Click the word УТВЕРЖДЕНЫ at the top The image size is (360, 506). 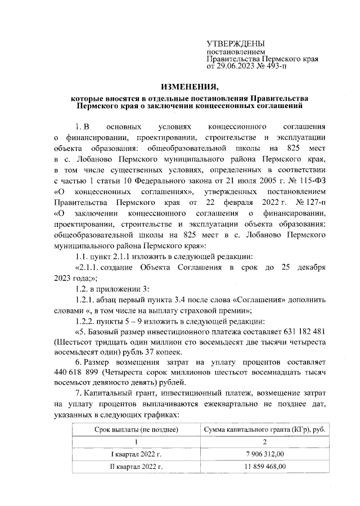point(236,44)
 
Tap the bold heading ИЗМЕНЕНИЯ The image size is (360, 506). point(188,87)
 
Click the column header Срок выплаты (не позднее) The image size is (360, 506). point(136,431)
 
